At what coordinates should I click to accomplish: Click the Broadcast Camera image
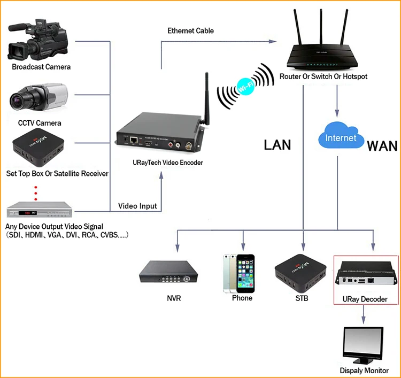point(39,40)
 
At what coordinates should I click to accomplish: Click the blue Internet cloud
point(341,137)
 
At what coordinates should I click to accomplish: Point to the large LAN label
point(277,144)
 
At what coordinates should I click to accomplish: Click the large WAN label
point(382,145)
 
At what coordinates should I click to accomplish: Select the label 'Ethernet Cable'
point(190,30)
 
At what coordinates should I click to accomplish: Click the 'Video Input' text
point(137,206)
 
